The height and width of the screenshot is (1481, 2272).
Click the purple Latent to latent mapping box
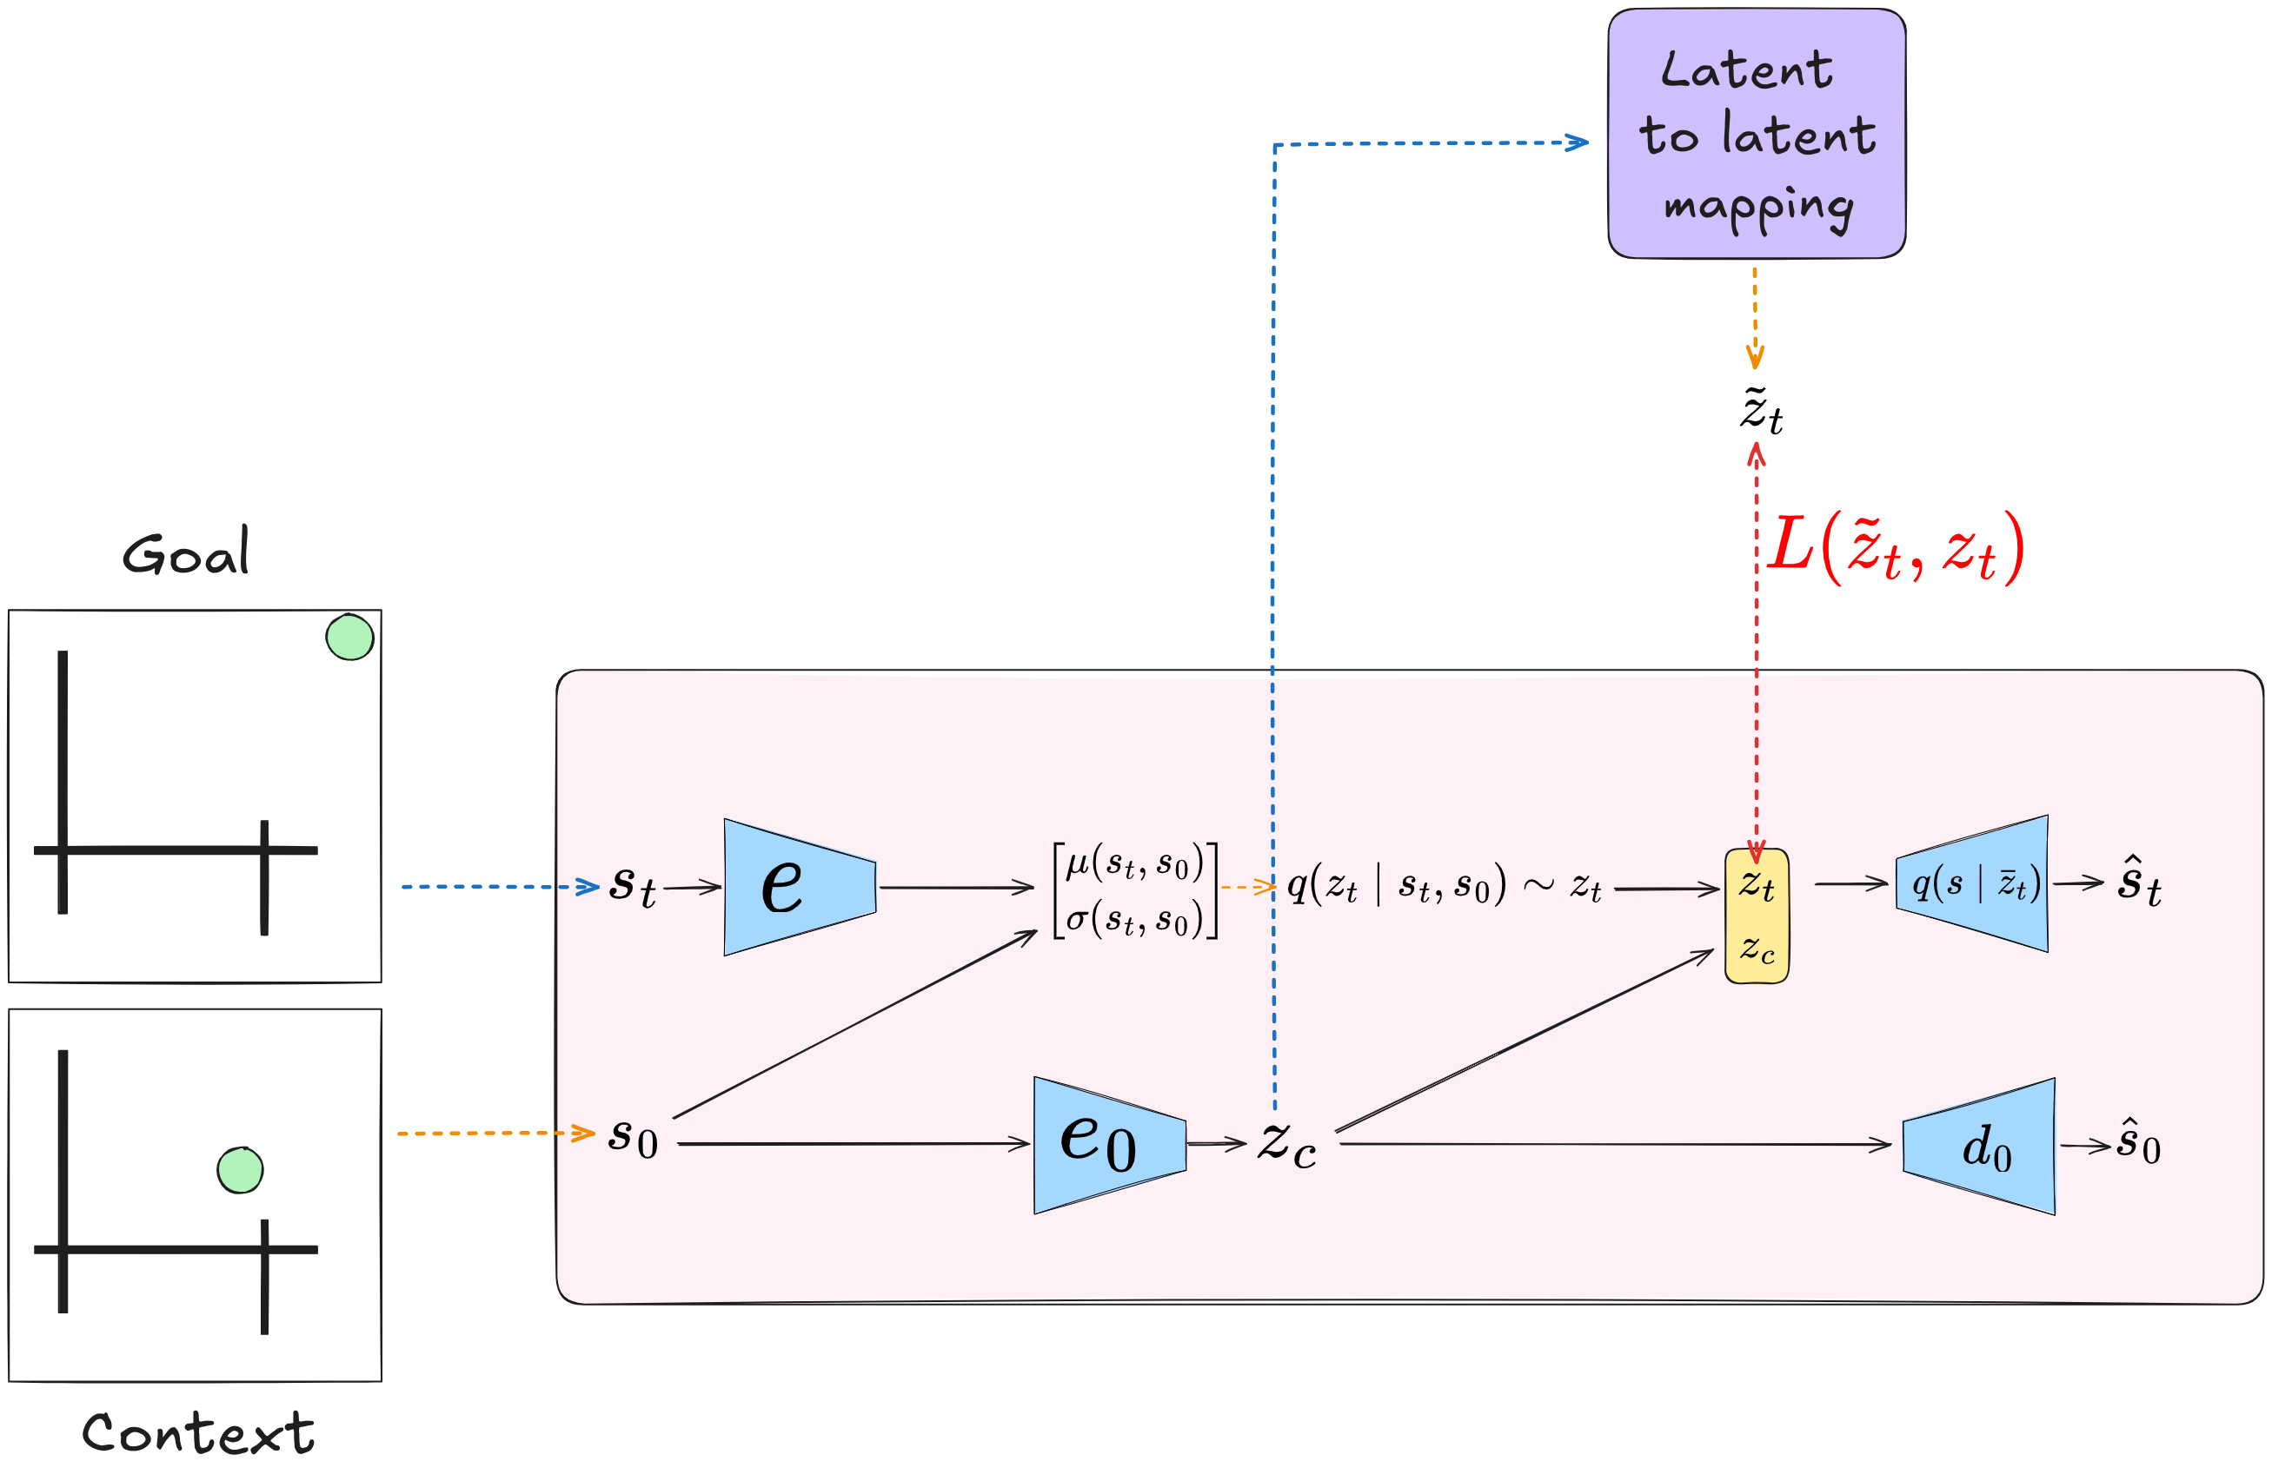(1757, 134)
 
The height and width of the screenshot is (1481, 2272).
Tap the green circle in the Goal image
(349, 638)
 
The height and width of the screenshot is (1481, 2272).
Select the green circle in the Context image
(240, 1170)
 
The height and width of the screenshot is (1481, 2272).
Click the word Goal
(186, 552)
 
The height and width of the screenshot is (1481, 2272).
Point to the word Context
(197, 1433)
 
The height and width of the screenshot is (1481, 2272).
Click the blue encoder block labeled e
(798, 887)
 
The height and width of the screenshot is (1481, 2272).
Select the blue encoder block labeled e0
(1108, 1144)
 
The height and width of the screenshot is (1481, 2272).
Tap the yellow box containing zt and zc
(1757, 916)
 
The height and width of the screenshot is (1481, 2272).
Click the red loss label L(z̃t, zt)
(1895, 549)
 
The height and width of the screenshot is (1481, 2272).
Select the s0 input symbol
(633, 1138)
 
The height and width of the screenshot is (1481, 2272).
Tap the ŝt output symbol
(2138, 883)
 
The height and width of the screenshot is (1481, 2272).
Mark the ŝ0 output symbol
(2138, 1142)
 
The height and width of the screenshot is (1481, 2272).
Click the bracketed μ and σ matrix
(1134, 890)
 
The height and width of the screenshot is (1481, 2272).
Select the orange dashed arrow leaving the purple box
(1755, 317)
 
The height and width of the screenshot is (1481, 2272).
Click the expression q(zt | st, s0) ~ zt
(1444, 885)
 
